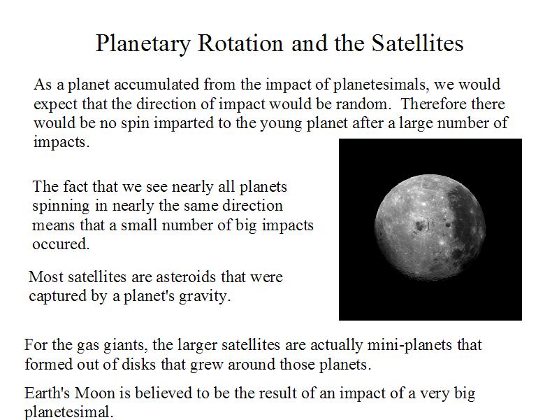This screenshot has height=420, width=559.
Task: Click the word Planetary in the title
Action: pos(143,44)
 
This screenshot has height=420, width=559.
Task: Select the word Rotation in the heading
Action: pos(240,43)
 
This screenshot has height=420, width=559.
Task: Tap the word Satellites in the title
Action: pos(417,43)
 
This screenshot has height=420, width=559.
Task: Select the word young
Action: pos(281,124)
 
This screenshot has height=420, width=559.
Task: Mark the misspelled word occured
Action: pos(61,244)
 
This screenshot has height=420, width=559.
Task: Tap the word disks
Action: pos(139,364)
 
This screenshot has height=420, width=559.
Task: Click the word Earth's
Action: pos(47,393)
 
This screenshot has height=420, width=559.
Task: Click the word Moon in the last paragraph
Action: pos(94,393)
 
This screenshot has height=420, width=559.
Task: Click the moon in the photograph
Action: pos(430,227)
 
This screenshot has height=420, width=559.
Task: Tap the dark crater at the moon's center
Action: pos(420,225)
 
